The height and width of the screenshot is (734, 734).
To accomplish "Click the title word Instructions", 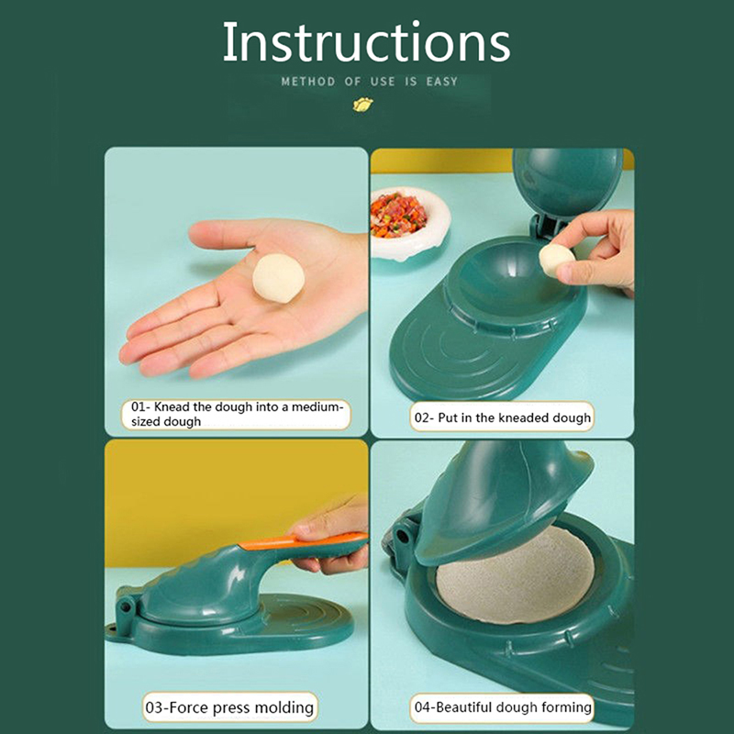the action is pyautogui.click(x=366, y=42).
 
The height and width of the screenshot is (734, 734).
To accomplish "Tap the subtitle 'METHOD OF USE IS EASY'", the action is pyautogui.click(x=370, y=82).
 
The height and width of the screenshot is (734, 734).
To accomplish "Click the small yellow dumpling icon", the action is pyautogui.click(x=362, y=105).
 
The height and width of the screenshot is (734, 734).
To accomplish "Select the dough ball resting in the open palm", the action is pyautogui.click(x=279, y=278).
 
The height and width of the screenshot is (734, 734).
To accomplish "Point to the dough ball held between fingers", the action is pyautogui.click(x=556, y=260).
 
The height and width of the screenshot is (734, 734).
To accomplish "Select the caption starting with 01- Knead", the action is pyautogui.click(x=237, y=414).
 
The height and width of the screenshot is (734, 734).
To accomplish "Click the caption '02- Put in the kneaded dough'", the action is pyautogui.click(x=502, y=417).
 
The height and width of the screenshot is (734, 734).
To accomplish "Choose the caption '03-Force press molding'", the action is pyautogui.click(x=229, y=706).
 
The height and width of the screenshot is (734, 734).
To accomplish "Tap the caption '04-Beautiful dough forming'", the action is pyautogui.click(x=503, y=706).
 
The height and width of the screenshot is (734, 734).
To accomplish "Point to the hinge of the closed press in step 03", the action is pyautogui.click(x=126, y=609).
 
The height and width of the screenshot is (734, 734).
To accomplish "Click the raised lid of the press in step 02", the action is pyautogui.click(x=568, y=183).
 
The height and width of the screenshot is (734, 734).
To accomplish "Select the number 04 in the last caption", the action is pyautogui.click(x=422, y=706).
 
